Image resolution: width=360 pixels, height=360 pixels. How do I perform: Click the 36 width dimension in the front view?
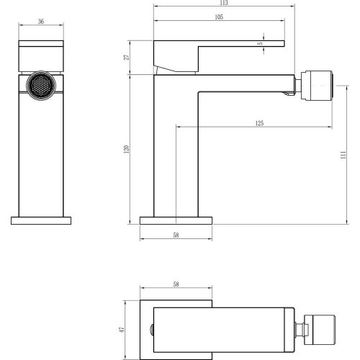point(41,23)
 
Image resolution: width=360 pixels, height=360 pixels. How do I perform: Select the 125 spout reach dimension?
point(258,124)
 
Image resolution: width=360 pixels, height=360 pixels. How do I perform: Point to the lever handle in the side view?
point(216,48)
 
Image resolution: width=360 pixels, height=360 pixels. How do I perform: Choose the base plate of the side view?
point(176,219)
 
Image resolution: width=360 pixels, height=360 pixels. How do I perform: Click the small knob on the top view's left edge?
point(151,329)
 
